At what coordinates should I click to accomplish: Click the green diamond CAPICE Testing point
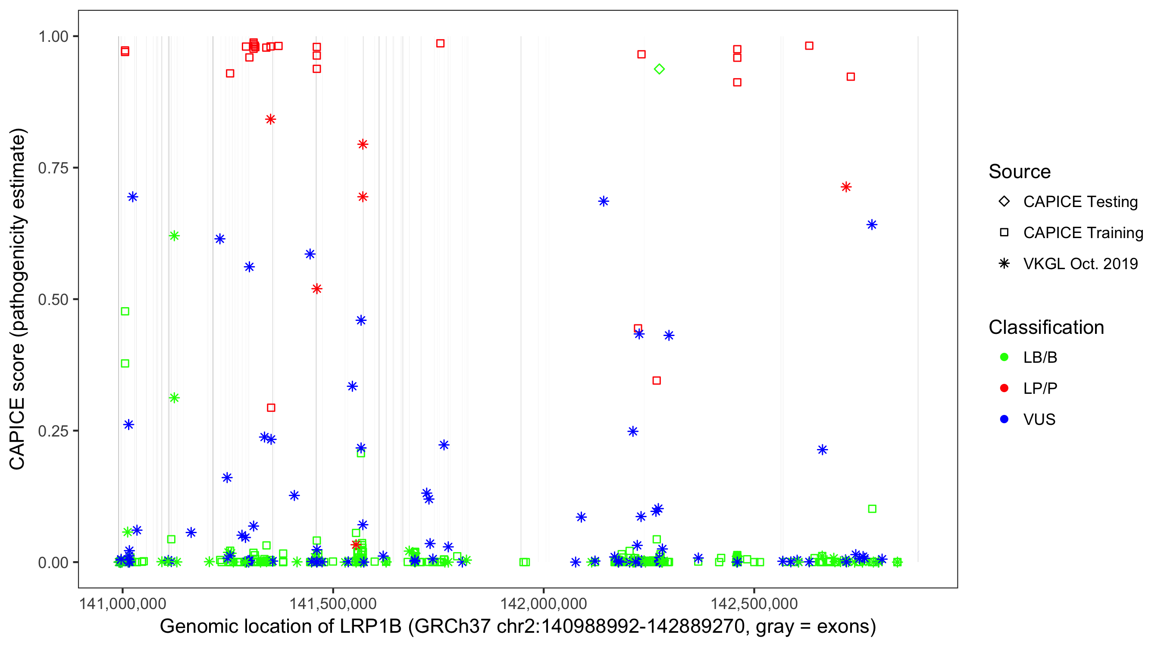coord(659,69)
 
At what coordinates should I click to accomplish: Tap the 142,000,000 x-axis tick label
coord(543,603)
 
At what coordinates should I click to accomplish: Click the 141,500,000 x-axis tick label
coord(333,603)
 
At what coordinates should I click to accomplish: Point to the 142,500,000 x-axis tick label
coord(754,603)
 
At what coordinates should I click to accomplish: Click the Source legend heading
coord(1020,172)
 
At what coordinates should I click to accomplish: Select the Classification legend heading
coord(1046,327)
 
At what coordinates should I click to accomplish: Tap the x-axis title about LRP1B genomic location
coord(518,627)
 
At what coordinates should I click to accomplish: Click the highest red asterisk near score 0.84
coord(270,119)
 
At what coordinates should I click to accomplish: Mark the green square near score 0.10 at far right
coord(872,509)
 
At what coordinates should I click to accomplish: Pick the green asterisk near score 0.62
coord(174,236)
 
